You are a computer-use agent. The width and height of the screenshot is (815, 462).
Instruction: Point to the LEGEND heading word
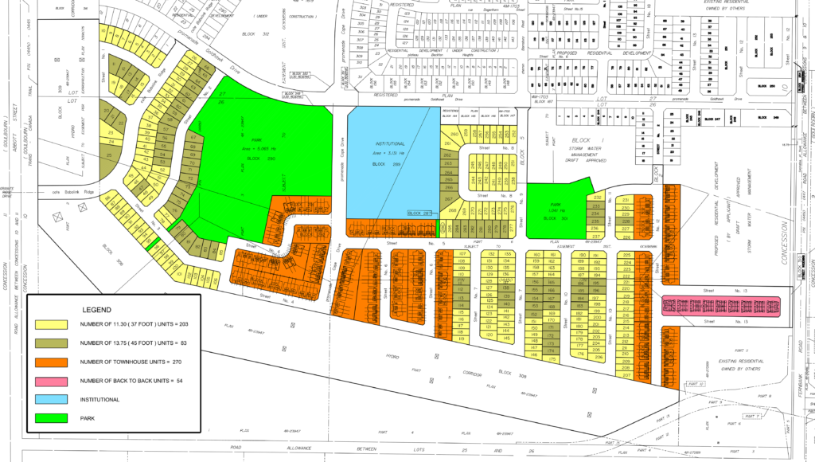[97, 309]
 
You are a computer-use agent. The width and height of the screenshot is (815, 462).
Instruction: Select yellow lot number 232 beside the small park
[597, 197]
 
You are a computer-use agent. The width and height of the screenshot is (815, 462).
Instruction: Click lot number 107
[462, 254]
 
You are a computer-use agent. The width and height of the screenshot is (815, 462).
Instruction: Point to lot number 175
[549, 359]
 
